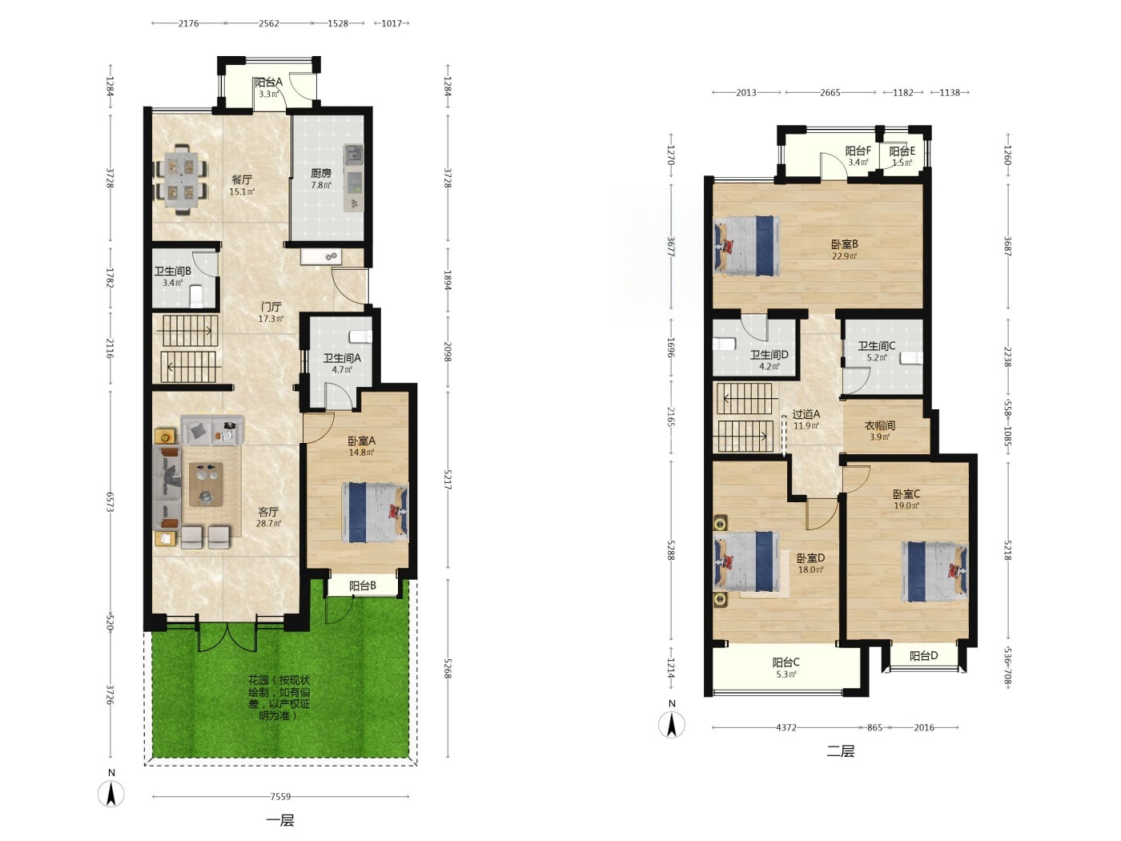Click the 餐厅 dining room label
[x=242, y=179]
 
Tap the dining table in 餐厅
[x=181, y=179]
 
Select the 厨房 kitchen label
[x=321, y=173]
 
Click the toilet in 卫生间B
[x=196, y=296]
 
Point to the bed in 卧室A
[x=375, y=512]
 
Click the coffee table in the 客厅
[x=206, y=484]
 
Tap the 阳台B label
[x=363, y=585]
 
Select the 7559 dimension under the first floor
[x=280, y=796]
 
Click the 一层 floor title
[x=280, y=820]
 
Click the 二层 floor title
[x=840, y=751]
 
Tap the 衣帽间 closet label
[x=879, y=425]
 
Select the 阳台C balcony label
[x=786, y=662]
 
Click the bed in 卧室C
[x=934, y=572]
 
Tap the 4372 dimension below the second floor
[x=786, y=727]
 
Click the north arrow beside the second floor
[x=672, y=725]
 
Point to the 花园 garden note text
[x=279, y=698]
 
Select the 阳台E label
[x=902, y=151]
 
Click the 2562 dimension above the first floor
[x=268, y=23]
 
